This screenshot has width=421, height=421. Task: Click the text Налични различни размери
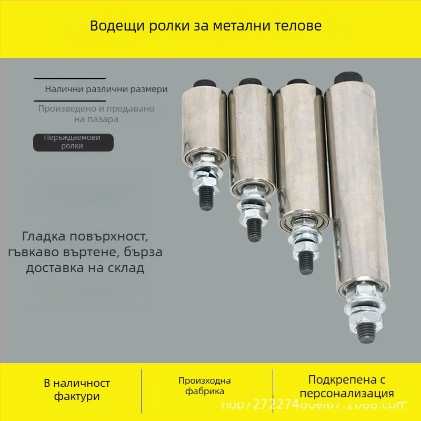(106, 89)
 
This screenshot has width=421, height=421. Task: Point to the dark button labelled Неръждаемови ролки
(73, 142)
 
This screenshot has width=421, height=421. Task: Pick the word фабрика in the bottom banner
(205, 392)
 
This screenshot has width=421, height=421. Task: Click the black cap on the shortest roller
(203, 84)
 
